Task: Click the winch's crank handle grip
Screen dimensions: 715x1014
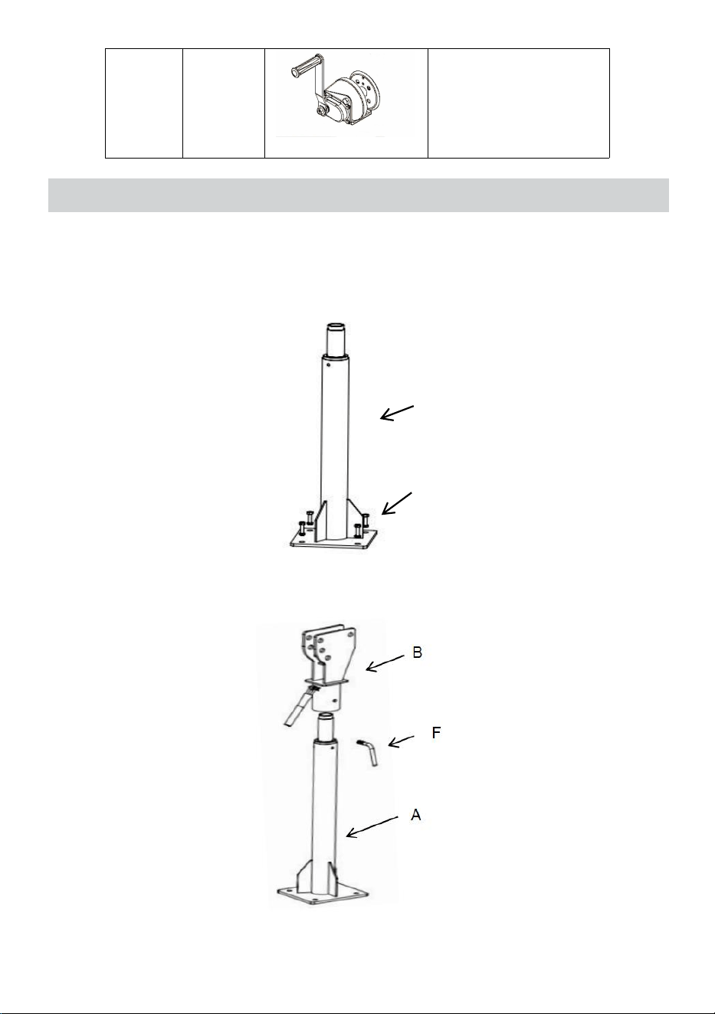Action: [x=304, y=65]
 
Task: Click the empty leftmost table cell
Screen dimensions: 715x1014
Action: [x=144, y=103]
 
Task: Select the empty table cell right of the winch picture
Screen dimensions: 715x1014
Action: [x=518, y=103]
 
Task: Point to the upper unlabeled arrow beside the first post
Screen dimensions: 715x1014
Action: [x=396, y=413]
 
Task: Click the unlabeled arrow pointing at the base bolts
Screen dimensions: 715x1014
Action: [x=397, y=503]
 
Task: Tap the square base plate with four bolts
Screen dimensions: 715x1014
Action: [x=334, y=538]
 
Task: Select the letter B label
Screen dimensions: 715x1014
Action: [x=418, y=653]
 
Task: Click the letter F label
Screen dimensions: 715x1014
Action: [x=436, y=732]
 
